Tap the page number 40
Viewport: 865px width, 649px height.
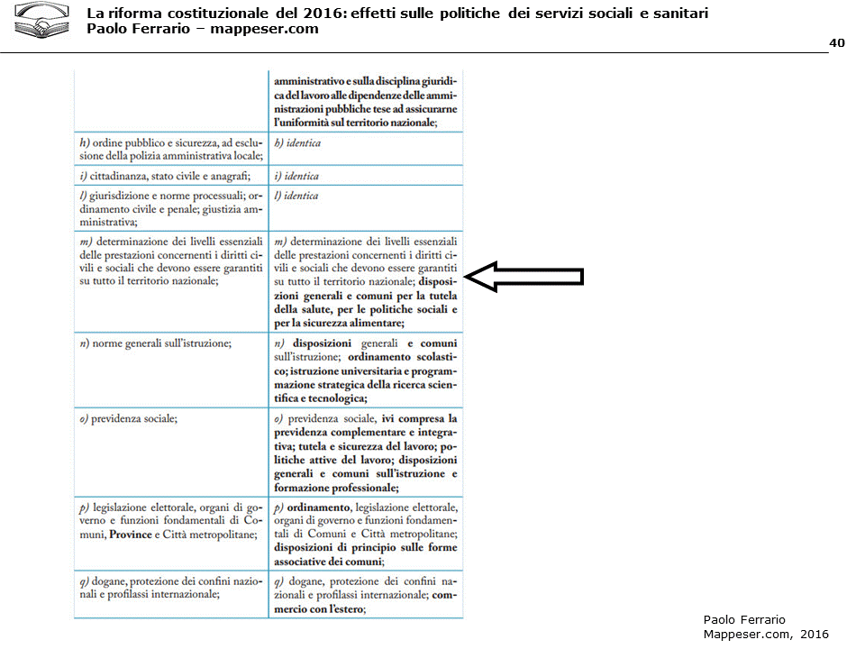click(x=836, y=42)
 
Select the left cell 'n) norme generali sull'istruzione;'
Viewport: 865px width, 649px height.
click(x=156, y=343)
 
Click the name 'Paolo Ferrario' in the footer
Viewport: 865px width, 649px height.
click(x=744, y=619)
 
